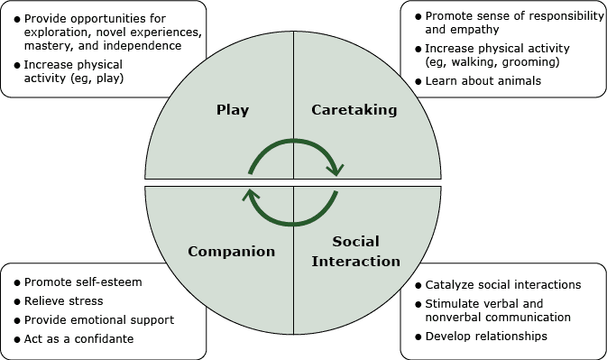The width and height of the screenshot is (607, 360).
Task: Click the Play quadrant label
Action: coord(233,110)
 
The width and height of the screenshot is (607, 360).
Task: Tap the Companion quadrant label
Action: coord(231,252)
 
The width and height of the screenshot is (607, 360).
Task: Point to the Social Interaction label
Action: coord(354,252)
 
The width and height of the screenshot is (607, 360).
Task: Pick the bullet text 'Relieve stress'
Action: coord(63,300)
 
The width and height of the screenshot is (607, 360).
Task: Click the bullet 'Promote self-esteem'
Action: coord(83,282)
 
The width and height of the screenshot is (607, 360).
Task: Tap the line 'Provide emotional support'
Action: coord(99,320)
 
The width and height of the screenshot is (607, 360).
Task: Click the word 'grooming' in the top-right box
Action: coord(532,61)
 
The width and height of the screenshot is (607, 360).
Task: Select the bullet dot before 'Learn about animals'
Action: coord(417,82)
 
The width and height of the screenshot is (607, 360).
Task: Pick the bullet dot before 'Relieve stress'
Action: coord(16,301)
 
